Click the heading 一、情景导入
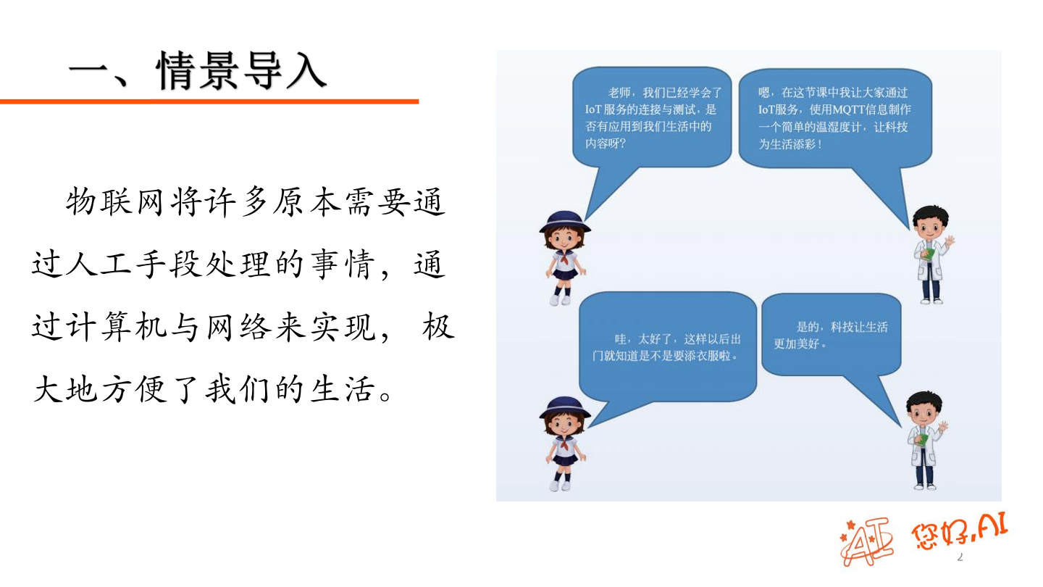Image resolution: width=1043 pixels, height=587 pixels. coord(197,70)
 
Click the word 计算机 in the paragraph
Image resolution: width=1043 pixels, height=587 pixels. coord(135,328)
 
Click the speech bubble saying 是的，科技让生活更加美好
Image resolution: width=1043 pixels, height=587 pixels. coord(832,334)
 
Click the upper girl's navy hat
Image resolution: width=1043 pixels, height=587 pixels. coord(564,220)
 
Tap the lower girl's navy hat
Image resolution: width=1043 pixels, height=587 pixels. coord(564,405)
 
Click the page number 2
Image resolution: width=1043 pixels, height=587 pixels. coord(960,557)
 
